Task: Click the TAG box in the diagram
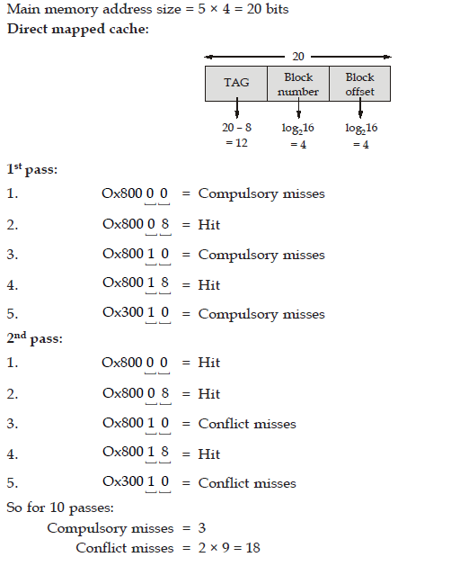tap(236, 84)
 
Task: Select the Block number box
tap(298, 84)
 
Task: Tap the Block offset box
tap(359, 84)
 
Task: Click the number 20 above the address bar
tap(297, 57)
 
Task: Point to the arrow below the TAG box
tap(237, 108)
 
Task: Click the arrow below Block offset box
tap(360, 108)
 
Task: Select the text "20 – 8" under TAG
tap(236, 128)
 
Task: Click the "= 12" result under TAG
tap(236, 143)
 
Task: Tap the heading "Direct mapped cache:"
tap(78, 29)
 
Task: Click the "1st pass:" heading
tap(32, 169)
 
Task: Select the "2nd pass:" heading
tap(35, 338)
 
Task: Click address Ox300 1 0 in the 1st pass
tap(136, 312)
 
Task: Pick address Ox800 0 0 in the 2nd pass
tap(135, 363)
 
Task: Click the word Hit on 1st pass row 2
tap(209, 225)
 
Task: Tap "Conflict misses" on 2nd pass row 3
tap(247, 424)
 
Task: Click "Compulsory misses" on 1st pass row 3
tap(261, 256)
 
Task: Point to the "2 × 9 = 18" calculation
tap(229, 548)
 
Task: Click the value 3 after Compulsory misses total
tap(202, 528)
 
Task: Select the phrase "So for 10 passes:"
tap(60, 508)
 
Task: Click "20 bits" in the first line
tap(268, 9)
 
